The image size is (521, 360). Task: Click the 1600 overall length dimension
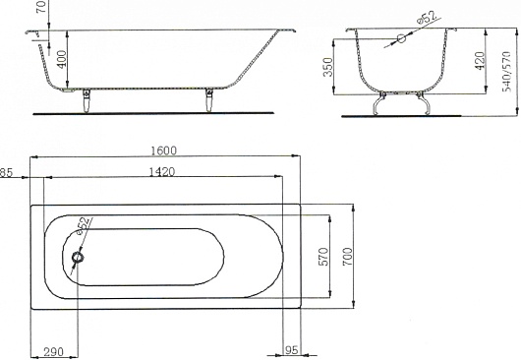(x=164, y=150)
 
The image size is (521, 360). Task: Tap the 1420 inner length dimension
(x=162, y=172)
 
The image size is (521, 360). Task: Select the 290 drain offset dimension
(x=53, y=351)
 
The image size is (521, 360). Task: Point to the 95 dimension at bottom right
(x=291, y=350)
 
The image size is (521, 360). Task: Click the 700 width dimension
(x=348, y=257)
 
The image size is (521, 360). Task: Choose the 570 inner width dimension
(x=323, y=257)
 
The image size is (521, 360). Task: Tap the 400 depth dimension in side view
(x=62, y=59)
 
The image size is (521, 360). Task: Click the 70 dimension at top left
(x=42, y=6)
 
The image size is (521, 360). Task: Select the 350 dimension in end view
(x=328, y=67)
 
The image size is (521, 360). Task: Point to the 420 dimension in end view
(x=480, y=61)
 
